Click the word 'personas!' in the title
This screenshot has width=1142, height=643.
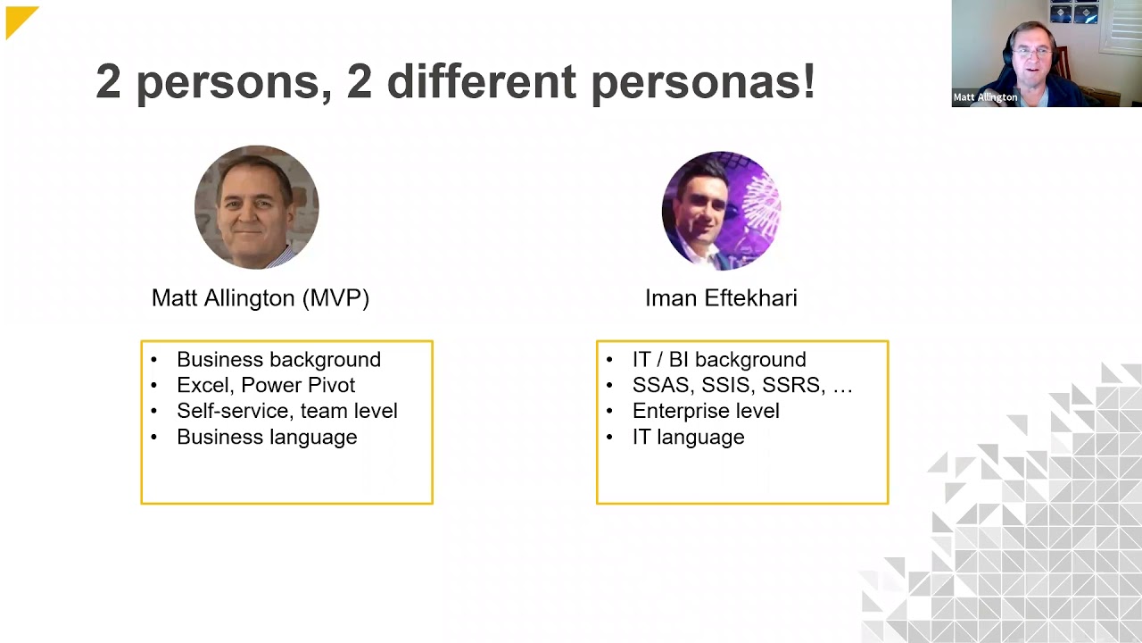point(702,81)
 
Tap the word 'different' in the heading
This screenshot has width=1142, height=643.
point(481,81)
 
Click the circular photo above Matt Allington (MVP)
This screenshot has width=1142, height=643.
point(257,207)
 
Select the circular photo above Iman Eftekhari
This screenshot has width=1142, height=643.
point(721,211)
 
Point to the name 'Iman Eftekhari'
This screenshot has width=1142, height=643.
point(721,298)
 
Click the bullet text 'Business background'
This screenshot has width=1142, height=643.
point(278,359)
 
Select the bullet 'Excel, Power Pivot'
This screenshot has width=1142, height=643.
point(266,385)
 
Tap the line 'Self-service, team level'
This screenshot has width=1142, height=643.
point(286,411)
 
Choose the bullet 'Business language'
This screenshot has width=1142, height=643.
point(267,437)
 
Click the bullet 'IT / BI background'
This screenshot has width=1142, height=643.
point(719,359)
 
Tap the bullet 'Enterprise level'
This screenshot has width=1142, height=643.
point(706,411)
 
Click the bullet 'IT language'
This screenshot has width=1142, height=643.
point(688,437)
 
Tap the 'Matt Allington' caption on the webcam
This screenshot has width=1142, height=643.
point(985,97)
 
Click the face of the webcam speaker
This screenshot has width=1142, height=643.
point(1031,53)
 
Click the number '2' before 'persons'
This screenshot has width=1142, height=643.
point(108,81)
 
